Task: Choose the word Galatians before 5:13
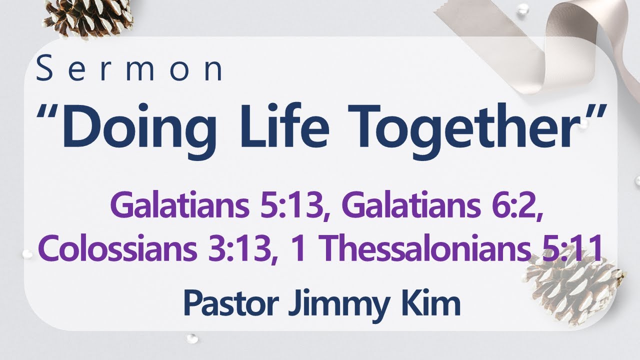click(181, 206)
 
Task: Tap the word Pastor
click(229, 303)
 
